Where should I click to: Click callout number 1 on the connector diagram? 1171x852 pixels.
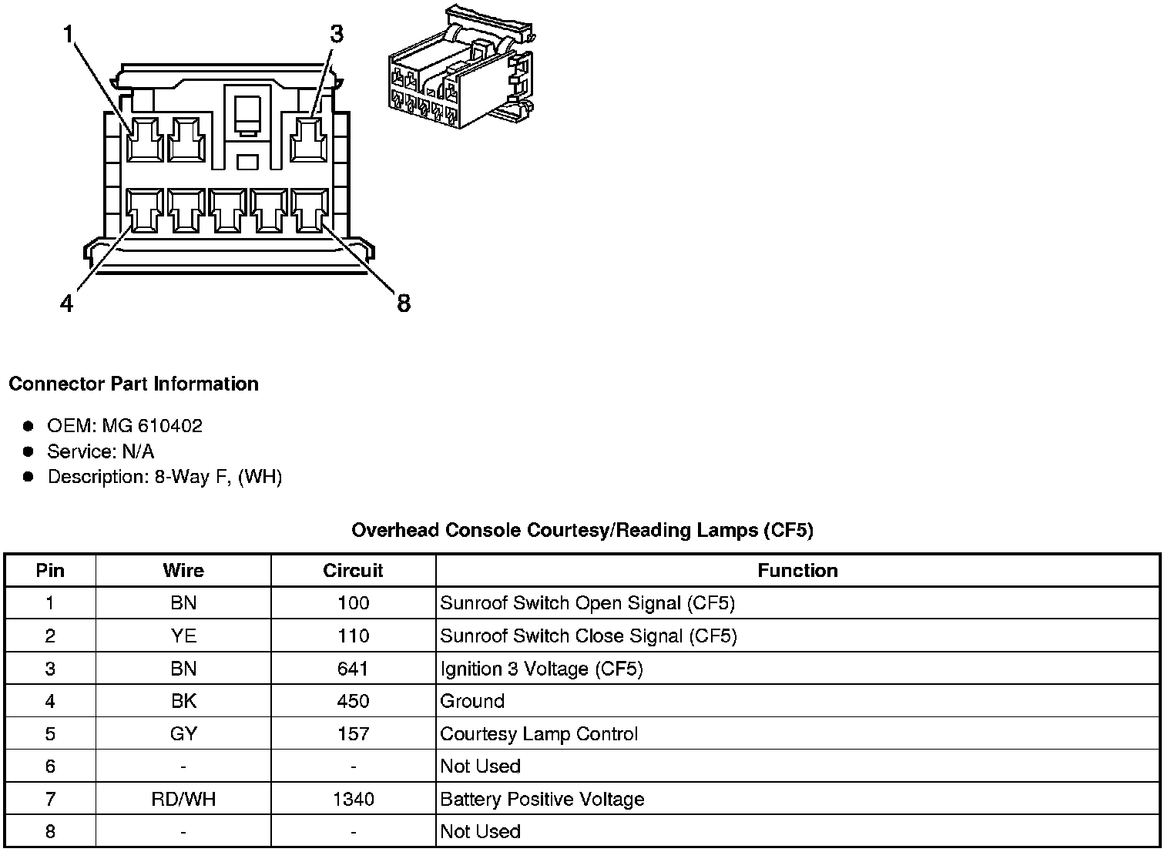pyautogui.click(x=69, y=35)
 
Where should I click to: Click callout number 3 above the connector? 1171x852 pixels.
pyautogui.click(x=337, y=35)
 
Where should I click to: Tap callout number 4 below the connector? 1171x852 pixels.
pyautogui.click(x=67, y=304)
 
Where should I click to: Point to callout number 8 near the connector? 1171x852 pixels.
pyautogui.click(x=404, y=304)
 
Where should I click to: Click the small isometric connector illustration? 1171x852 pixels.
pyautogui.click(x=460, y=68)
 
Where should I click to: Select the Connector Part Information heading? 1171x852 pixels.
pyautogui.click(x=133, y=384)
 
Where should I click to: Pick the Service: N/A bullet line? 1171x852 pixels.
pyautogui.click(x=100, y=451)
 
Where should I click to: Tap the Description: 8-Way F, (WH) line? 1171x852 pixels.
pyautogui.click(x=164, y=477)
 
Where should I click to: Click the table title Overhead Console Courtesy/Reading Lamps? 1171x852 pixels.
pyautogui.click(x=582, y=530)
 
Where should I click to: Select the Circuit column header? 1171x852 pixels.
pyautogui.click(x=353, y=571)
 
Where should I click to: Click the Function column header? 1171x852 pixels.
pyautogui.click(x=797, y=571)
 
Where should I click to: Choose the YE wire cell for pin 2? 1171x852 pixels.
pyautogui.click(x=183, y=636)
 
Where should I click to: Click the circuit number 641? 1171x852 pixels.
pyautogui.click(x=353, y=669)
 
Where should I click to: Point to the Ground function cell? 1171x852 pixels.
pyautogui.click(x=472, y=701)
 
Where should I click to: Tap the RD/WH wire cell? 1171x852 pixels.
pyautogui.click(x=183, y=800)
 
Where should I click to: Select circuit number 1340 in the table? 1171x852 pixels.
pyautogui.click(x=353, y=800)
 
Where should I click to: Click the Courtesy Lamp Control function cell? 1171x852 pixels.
pyautogui.click(x=539, y=734)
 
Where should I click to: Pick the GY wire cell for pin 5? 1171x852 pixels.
pyautogui.click(x=183, y=734)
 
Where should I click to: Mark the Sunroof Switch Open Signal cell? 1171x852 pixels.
pyautogui.click(x=587, y=603)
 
